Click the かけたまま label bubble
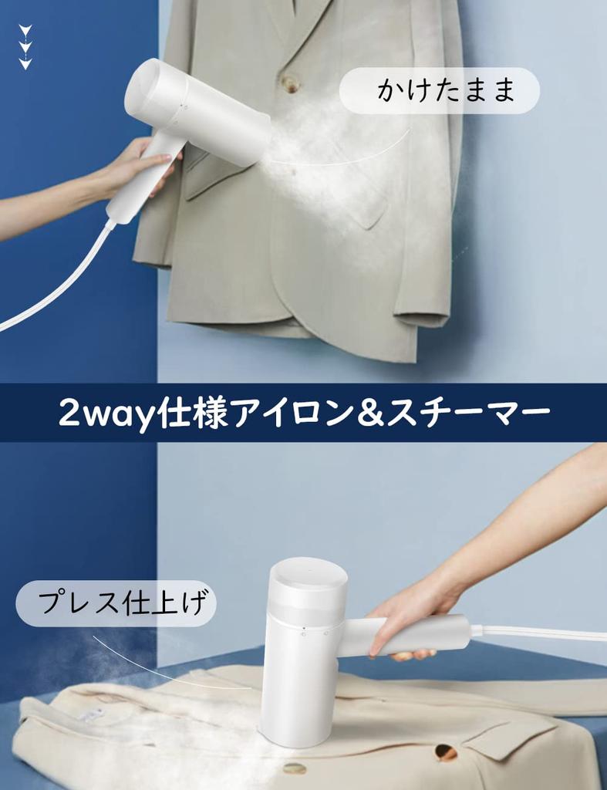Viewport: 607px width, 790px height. pos(439,91)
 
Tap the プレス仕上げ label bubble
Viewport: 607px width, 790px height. pos(116,603)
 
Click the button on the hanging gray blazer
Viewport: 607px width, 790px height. pos(290,83)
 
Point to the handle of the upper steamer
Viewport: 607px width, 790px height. pos(139,181)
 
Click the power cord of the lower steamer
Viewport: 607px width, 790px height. pos(540,633)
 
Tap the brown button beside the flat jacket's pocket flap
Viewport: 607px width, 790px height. pos(446,751)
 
